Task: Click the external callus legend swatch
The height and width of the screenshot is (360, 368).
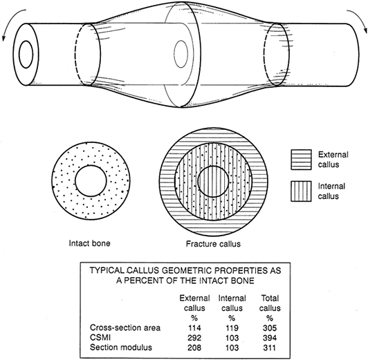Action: pos(301,160)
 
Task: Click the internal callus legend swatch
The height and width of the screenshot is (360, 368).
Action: pos(301,191)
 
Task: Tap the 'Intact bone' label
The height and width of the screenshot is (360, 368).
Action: pos(89,243)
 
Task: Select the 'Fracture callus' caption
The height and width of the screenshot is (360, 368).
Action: pos(213,244)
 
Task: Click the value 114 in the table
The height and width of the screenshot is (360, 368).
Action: pos(194,328)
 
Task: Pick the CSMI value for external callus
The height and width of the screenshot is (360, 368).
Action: pos(194,338)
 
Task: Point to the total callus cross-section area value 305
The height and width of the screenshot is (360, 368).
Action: pos(270,328)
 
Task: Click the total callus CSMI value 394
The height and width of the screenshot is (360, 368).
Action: pos(270,338)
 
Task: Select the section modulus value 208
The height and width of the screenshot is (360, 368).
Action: pos(194,348)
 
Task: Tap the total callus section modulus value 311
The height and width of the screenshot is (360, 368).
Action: pos(269,348)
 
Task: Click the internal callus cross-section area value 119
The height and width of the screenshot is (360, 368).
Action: pos(232,328)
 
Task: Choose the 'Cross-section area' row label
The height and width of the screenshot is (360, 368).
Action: pos(125,328)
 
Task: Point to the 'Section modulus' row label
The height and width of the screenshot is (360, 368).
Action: pos(121,347)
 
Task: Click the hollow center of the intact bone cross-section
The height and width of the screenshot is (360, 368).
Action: pos(91,181)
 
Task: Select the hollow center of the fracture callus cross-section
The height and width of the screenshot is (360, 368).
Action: pos(213,181)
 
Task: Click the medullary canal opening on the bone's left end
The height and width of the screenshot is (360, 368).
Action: pos(26,55)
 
